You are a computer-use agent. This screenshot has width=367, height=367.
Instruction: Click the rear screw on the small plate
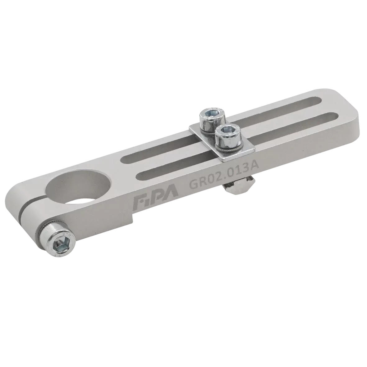click(x=212, y=121)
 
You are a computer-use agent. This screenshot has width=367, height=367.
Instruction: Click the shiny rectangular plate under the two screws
click(x=222, y=143)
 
